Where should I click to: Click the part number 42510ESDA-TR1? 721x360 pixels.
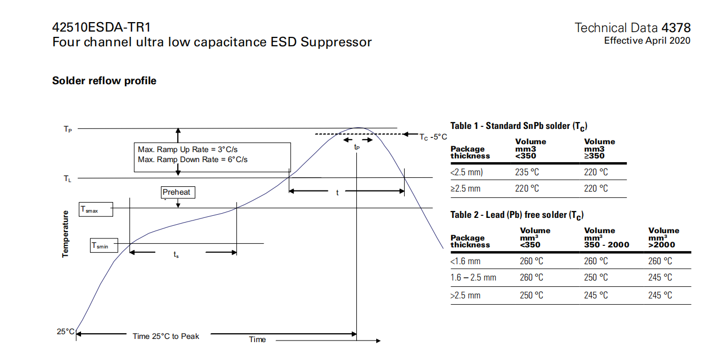point(105,27)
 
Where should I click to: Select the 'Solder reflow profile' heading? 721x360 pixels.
point(104,81)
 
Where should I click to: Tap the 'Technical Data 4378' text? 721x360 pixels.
point(633,28)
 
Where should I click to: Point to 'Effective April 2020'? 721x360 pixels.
point(647,41)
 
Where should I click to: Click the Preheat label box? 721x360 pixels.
point(177,192)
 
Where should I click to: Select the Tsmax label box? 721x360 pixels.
point(96,209)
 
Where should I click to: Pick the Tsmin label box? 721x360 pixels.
point(104,245)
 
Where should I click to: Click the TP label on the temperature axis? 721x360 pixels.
point(68,129)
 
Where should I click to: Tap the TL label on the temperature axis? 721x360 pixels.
point(67,179)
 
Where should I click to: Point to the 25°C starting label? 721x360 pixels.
point(66,332)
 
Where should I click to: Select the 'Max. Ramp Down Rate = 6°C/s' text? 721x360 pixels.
point(193,159)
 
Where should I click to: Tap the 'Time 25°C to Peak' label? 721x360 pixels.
point(166,336)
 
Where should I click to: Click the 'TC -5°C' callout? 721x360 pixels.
point(433,137)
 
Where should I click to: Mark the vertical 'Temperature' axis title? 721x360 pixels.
point(66,234)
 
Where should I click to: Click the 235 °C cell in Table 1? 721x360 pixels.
point(527,172)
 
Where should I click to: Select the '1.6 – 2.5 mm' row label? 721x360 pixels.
point(473,277)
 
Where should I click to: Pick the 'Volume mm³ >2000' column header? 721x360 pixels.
point(664,237)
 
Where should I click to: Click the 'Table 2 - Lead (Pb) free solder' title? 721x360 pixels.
point(517,215)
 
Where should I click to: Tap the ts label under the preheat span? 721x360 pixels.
point(176,255)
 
